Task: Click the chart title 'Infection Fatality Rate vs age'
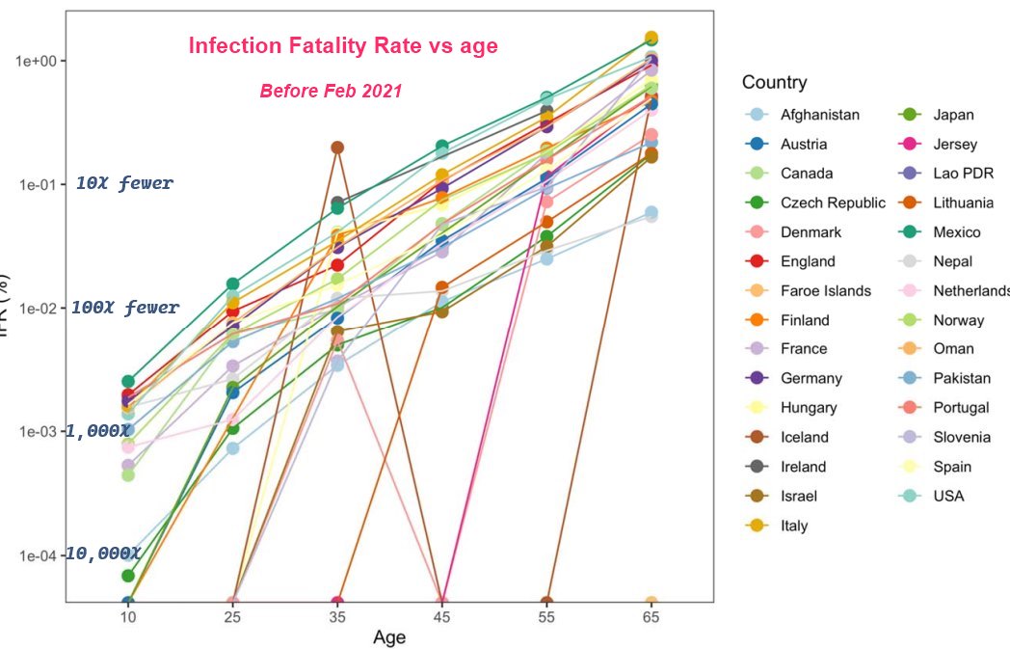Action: tap(343, 45)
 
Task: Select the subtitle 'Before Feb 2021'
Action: tap(331, 92)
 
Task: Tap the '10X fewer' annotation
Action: tap(125, 183)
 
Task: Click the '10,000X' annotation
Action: tap(103, 554)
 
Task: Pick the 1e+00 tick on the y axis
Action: tap(38, 61)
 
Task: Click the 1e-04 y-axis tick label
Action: tap(38, 555)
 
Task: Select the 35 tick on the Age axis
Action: tap(337, 617)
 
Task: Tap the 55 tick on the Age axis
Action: tap(546, 617)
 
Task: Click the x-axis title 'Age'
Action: tap(389, 637)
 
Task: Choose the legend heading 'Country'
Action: tap(775, 82)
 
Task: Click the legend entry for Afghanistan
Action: tap(819, 115)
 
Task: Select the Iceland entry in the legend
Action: tap(804, 437)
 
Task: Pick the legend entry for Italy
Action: tap(794, 526)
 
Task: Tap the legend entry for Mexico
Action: tap(956, 232)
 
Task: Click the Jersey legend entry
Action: tap(954, 145)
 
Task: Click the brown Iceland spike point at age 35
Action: tap(337, 148)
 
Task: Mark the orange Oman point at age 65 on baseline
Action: tap(651, 603)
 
